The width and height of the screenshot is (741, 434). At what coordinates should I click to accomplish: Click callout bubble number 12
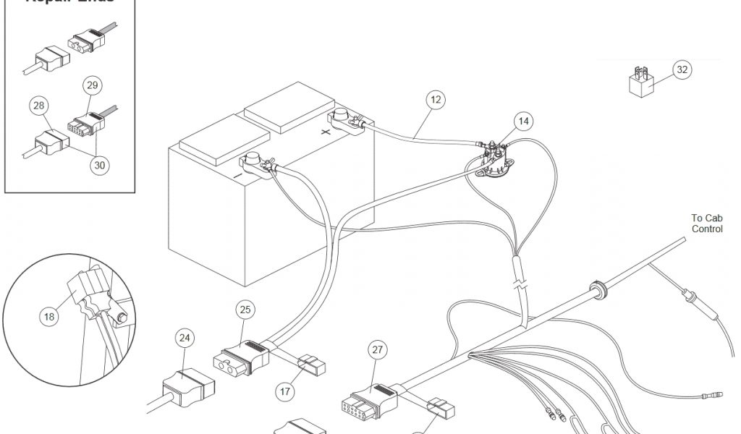(434, 100)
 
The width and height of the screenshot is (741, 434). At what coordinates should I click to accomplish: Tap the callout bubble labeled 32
(681, 69)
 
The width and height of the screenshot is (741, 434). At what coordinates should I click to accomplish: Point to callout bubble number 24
(185, 337)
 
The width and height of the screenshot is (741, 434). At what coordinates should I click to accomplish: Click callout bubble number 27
(377, 350)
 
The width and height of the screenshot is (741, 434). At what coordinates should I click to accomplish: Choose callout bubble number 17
(286, 391)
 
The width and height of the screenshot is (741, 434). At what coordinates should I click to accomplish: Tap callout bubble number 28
(38, 106)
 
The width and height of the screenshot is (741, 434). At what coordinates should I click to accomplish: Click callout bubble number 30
(99, 164)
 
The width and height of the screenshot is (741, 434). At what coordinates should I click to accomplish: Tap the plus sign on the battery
(326, 132)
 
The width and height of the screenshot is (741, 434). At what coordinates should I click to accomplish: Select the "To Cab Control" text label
(706, 223)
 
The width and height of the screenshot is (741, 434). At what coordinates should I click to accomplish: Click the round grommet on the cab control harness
(598, 289)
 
